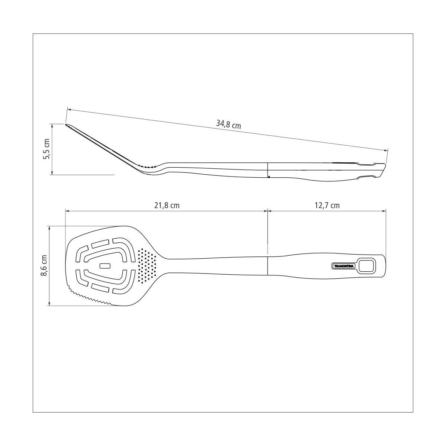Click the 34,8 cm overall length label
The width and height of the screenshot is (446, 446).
pos(229,125)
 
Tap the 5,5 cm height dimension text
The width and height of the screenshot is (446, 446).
pos(46,149)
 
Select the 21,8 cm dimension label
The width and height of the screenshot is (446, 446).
pos(167,205)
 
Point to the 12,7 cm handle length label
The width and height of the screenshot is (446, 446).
pos(327,205)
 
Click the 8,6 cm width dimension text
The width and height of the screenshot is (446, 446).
pos(44,265)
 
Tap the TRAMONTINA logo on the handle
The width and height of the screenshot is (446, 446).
pos(343,266)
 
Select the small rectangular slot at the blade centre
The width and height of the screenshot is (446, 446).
pos(105,266)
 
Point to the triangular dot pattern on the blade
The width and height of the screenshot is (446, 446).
pos(147,266)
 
